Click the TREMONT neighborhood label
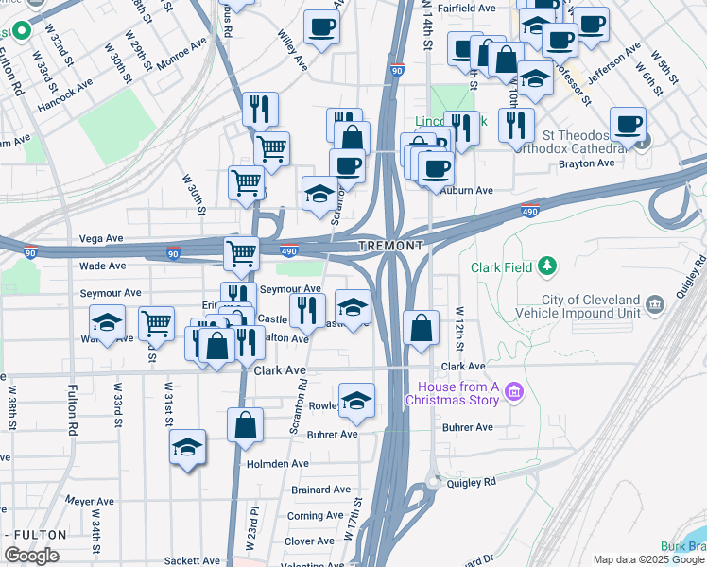tap(389, 246)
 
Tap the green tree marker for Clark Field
tap(546, 267)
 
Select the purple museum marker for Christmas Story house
tap(514, 389)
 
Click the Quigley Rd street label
tap(470, 482)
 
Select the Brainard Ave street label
tap(321, 490)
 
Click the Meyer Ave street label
tap(90, 502)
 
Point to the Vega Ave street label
tap(102, 238)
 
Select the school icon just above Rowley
tap(356, 401)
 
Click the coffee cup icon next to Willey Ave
tap(321, 26)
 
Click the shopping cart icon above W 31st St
tap(156, 322)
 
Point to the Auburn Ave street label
tap(468, 190)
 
